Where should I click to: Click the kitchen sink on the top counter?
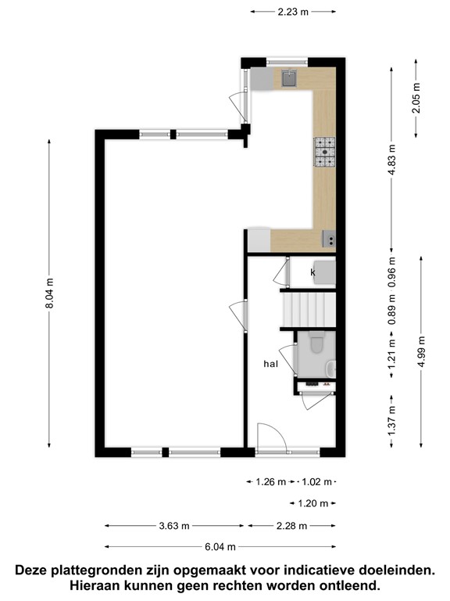point(289,77)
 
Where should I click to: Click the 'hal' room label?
point(271,364)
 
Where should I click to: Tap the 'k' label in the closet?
point(312,272)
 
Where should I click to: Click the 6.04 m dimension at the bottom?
point(222,547)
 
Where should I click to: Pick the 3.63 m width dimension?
point(174,526)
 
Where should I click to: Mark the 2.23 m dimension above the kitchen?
point(294,12)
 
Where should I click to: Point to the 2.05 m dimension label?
point(416,98)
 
